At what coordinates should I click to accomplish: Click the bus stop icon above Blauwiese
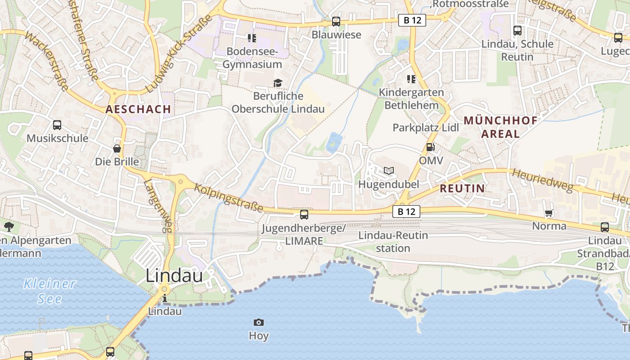pos(336,21)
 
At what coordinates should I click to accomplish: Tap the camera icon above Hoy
pos(258,322)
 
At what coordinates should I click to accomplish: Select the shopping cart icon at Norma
pos(549,213)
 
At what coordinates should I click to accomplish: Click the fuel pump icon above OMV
pos(430,147)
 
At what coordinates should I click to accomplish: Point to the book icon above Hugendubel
pos(389,171)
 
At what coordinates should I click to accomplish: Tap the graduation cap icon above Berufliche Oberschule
pos(278,83)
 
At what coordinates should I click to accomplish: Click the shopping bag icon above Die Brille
pos(117,148)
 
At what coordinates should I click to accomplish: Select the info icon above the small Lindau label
pos(165,298)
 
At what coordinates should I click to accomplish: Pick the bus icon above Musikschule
pos(57,125)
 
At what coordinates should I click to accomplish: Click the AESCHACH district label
pos(138,109)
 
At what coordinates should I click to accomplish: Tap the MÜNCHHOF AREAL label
pos(500,127)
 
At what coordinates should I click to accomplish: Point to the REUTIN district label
pos(462,189)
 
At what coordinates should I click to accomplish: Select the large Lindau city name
pos(174,276)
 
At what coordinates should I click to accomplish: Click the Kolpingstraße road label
pos(229,197)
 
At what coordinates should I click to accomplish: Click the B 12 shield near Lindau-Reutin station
pos(406,211)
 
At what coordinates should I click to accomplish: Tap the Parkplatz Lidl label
pos(426,127)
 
